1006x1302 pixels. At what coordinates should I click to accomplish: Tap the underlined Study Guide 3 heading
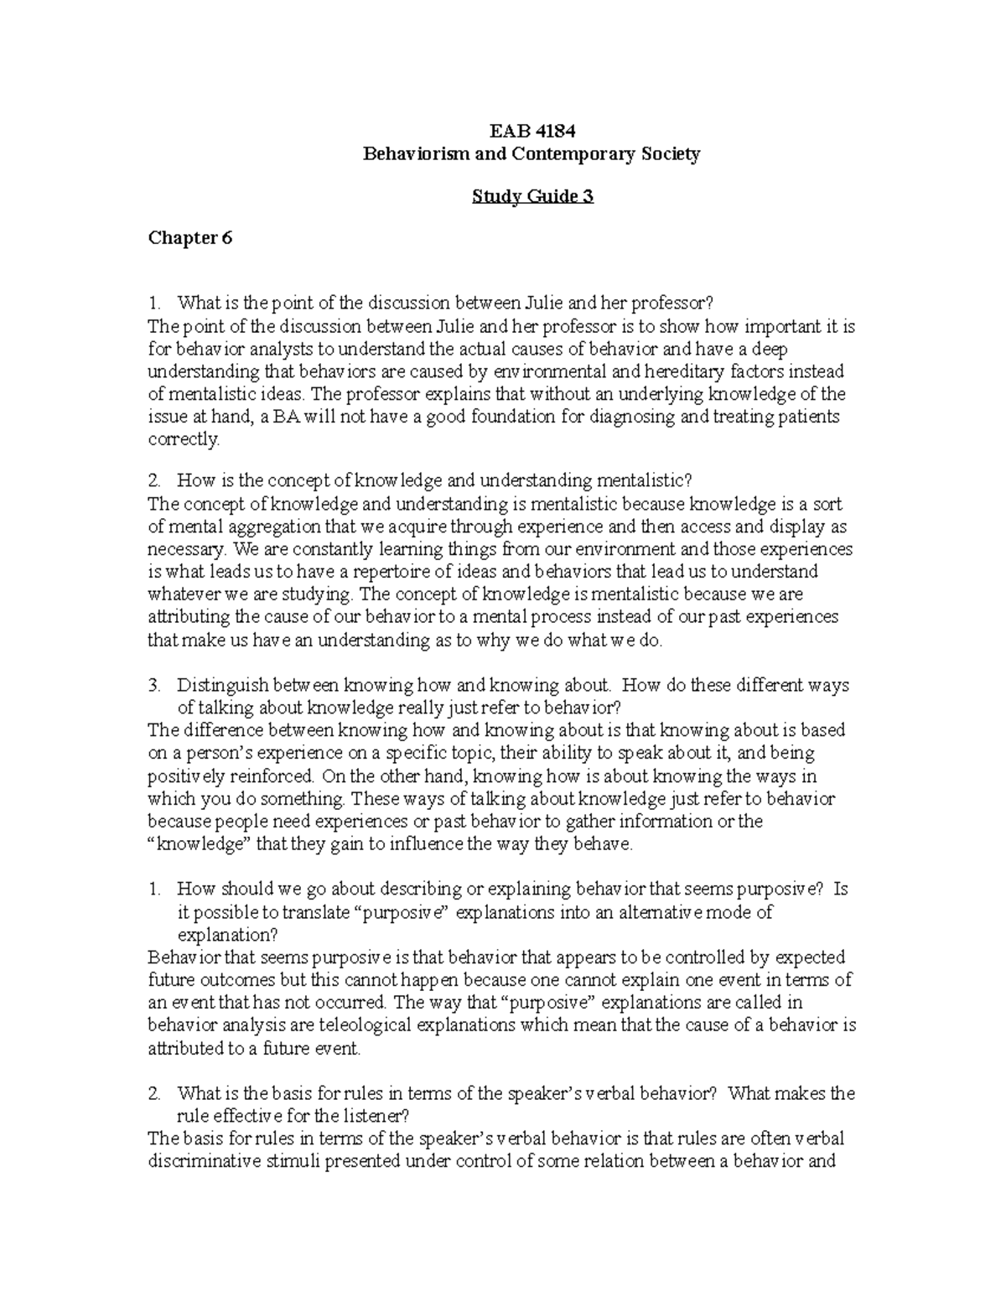pos(532,197)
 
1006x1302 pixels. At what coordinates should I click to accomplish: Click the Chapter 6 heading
pos(189,238)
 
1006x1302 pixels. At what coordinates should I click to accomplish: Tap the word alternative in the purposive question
pos(654,913)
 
